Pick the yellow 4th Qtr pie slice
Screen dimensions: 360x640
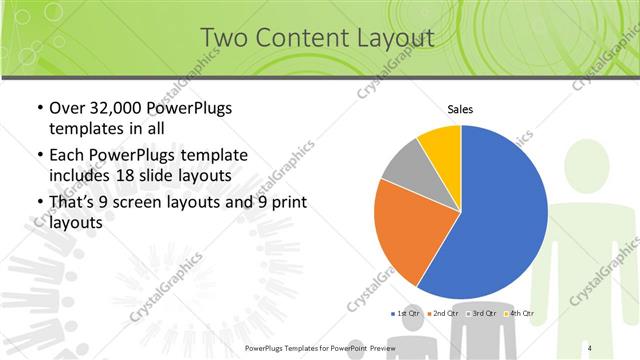(x=441, y=145)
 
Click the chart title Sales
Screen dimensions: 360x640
(x=460, y=109)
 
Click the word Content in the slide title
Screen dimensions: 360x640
(x=300, y=38)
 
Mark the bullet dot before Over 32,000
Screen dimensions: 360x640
(x=39, y=108)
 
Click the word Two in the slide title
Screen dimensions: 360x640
(x=224, y=38)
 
